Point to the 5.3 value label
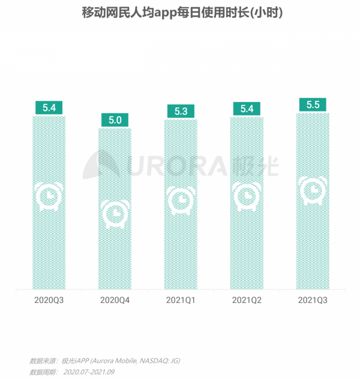[x=181, y=111]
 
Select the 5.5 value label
[x=312, y=104]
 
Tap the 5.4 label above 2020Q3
[x=49, y=108]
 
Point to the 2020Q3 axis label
[x=49, y=299]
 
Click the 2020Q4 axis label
[x=115, y=299]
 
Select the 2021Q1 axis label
[x=181, y=299]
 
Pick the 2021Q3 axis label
[x=312, y=299]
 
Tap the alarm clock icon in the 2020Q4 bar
[x=115, y=213]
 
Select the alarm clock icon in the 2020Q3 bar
[x=49, y=197]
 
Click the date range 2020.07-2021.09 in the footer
[x=89, y=372]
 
